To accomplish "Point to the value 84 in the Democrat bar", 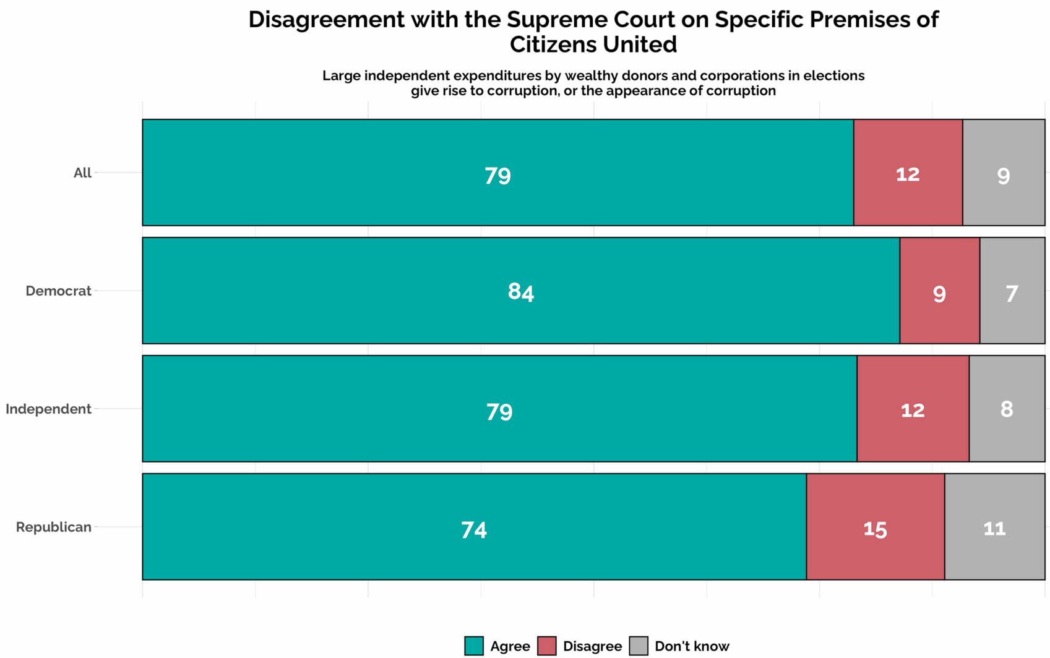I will click(521, 291).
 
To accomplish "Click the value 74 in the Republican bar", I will click(474, 530).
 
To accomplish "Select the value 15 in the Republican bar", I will click(875, 529).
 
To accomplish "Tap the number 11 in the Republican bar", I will click(994, 529).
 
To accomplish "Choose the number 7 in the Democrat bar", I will click(1012, 294).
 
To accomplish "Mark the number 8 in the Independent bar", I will click(1007, 409).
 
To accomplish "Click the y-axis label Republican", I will click(54, 527).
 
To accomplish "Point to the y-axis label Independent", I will click(48, 409).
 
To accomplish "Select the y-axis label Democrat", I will click(58, 291).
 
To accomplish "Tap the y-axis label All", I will click(82, 173).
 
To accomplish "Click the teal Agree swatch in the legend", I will click(474, 646).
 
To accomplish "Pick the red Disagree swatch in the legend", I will click(547, 646).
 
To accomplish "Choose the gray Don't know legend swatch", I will click(639, 646).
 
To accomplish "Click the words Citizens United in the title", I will click(593, 45).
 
